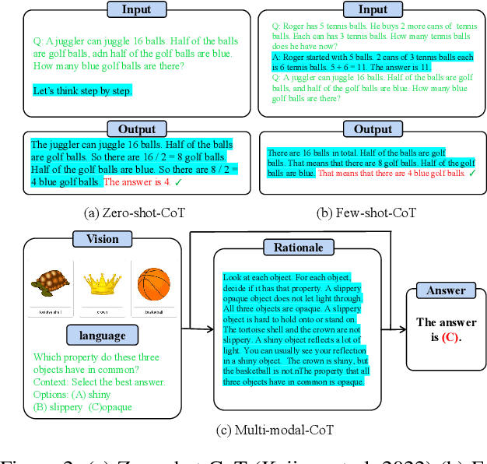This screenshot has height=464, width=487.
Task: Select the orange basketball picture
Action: click(x=153, y=286)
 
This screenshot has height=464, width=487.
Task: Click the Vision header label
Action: click(x=102, y=240)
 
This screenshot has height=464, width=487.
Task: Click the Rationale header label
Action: click(x=298, y=248)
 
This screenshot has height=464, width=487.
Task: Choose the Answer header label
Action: click(x=446, y=290)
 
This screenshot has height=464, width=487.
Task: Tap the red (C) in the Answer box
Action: click(x=450, y=337)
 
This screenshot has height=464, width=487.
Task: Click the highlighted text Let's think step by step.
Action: click(x=82, y=90)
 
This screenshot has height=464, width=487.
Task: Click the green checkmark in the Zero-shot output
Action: click(x=179, y=181)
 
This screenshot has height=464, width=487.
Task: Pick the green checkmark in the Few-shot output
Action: click(x=471, y=173)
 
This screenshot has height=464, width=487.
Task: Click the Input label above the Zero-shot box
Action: click(x=137, y=9)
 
